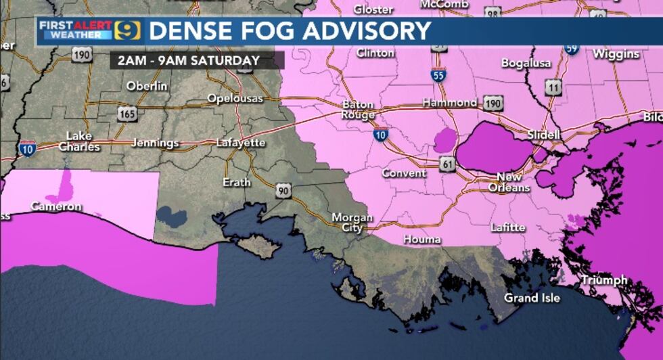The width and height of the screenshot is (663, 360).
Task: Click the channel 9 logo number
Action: pyautogui.click(x=127, y=31)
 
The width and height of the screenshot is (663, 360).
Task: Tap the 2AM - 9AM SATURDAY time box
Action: pyautogui.click(x=189, y=61)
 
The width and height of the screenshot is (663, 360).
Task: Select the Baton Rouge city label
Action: pyautogui.click(x=359, y=110)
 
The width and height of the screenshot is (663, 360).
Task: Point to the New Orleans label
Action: pyautogui.click(x=509, y=183)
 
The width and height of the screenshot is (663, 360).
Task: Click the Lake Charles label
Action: pyautogui.click(x=79, y=141)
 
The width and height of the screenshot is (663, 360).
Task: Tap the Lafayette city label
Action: pyautogui.click(x=241, y=143)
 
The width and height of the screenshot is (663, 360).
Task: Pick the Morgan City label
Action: pyautogui.click(x=352, y=223)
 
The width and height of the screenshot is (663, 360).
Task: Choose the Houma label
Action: pyautogui.click(x=422, y=240)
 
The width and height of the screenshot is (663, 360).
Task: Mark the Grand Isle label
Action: pyautogui.click(x=532, y=298)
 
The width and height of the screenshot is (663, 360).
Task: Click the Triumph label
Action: pyautogui.click(x=604, y=280)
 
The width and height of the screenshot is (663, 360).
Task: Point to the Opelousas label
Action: pyautogui.click(x=235, y=99)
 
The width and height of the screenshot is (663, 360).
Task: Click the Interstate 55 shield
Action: pyautogui.click(x=438, y=75)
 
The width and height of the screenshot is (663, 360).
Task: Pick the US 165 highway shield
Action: pyautogui.click(x=127, y=114)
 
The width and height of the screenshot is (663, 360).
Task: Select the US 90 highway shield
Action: pyautogui.click(x=283, y=192)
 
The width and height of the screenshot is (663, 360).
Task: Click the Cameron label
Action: pyautogui.click(x=56, y=206)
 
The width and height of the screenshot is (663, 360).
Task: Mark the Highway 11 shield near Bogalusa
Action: pyautogui.click(x=554, y=87)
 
